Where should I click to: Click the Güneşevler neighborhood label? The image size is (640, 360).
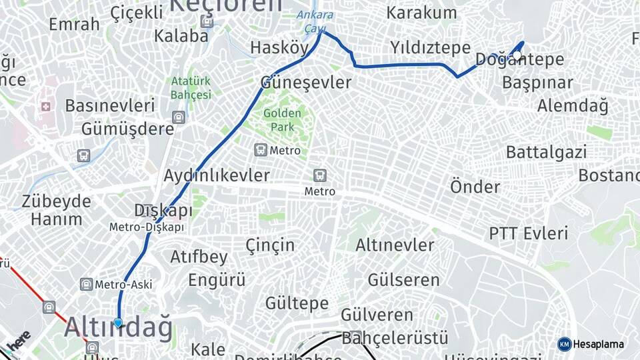(x=305, y=83)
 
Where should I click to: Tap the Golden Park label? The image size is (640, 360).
(x=282, y=119)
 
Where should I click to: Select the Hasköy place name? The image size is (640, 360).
(x=279, y=47)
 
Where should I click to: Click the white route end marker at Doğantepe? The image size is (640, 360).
(x=517, y=55)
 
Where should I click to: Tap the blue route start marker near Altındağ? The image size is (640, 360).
(x=118, y=323)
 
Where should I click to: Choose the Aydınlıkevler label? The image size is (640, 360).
(x=217, y=175)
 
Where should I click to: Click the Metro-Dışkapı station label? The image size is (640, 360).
(x=147, y=227)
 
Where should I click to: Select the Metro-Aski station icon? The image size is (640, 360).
(x=86, y=285)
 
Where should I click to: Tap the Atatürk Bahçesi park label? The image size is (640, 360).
(x=191, y=87)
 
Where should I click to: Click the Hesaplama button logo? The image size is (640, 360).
(x=564, y=344)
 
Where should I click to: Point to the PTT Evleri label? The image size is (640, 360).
(x=528, y=233)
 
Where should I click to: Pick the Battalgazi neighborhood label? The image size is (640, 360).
(x=546, y=152)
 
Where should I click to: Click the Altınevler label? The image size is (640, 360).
(x=394, y=245)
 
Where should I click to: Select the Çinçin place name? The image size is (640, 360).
(x=270, y=245)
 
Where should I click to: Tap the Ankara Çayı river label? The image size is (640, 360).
(x=314, y=22)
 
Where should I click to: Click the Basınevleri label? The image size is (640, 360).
(x=110, y=105)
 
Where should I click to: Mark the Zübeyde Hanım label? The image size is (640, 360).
(x=56, y=210)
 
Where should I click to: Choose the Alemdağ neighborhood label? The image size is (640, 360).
(x=573, y=105)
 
